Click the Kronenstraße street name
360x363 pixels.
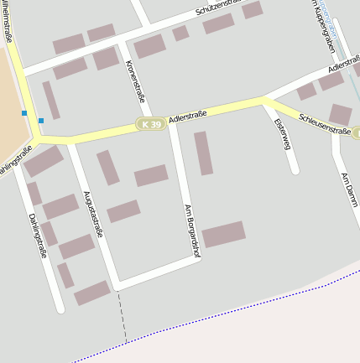tap(134, 81)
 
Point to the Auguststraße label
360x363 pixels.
tap(92, 214)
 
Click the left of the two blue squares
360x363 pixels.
tap(24, 113)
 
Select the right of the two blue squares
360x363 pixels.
tap(40, 121)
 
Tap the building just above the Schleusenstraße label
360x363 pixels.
tap(340, 114)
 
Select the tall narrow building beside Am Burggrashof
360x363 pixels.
tap(203, 153)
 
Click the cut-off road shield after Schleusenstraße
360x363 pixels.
tap(356, 133)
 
